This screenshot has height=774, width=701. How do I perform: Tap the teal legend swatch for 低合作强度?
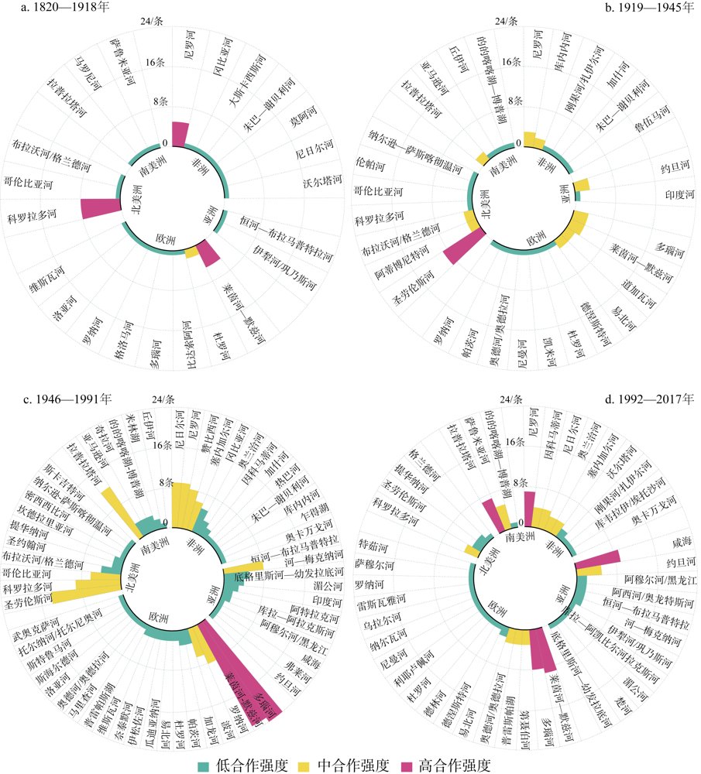click(204, 765)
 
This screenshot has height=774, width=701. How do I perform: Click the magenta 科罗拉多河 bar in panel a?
click(100, 208)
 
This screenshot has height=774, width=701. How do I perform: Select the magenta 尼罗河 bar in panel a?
click(180, 133)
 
